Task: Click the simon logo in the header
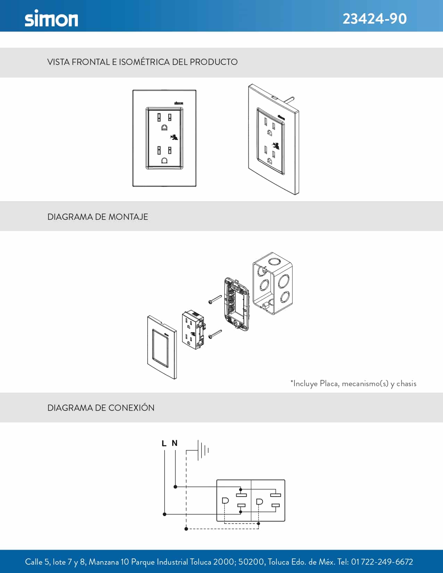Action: pyautogui.click(x=51, y=18)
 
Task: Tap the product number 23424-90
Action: pyautogui.click(x=375, y=19)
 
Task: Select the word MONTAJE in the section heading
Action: pyautogui.click(x=128, y=217)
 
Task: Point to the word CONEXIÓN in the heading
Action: pyautogui.click(x=131, y=408)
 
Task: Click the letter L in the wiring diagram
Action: pyautogui.click(x=164, y=443)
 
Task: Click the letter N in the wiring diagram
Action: pyautogui.click(x=174, y=443)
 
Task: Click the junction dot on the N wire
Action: pyautogui.click(x=175, y=487)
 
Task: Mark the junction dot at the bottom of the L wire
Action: pyautogui.click(x=164, y=514)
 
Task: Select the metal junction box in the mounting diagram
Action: pyautogui.click(x=272, y=283)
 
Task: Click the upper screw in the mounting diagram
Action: pyautogui.click(x=215, y=299)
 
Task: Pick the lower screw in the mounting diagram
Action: pyautogui.click(x=215, y=334)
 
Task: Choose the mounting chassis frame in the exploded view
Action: pyautogui.click(x=236, y=304)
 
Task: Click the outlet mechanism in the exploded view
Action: pyautogui.click(x=193, y=330)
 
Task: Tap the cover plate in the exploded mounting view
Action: pyautogui.click(x=162, y=347)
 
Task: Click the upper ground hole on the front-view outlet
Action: pyautogui.click(x=164, y=128)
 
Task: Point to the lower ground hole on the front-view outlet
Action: pyautogui.click(x=164, y=160)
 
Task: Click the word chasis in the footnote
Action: pyautogui.click(x=406, y=383)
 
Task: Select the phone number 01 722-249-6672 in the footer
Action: pyautogui.click(x=382, y=562)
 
